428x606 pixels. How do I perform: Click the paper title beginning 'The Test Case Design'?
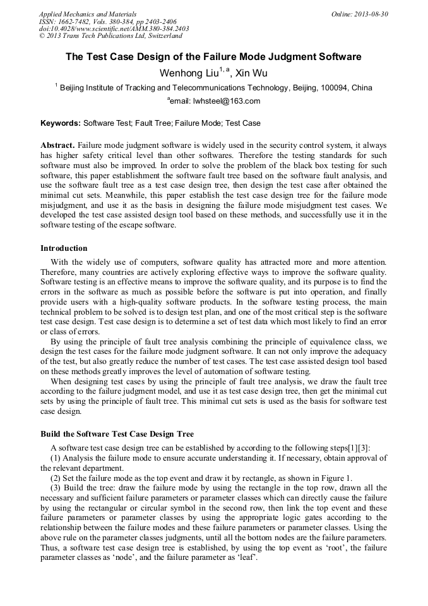pos(213,57)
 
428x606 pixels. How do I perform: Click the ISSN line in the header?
pos(107,21)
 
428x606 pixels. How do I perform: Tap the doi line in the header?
pos(114,28)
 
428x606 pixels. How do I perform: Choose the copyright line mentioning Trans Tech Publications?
pos(110,36)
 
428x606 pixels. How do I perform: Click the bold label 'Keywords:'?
pos(61,123)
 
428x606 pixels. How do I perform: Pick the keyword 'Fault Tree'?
pos(155,123)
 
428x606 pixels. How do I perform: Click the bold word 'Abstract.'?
pos(57,145)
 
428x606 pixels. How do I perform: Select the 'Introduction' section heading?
pos(64,248)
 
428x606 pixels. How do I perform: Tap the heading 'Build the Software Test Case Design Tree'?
pos(117,434)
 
